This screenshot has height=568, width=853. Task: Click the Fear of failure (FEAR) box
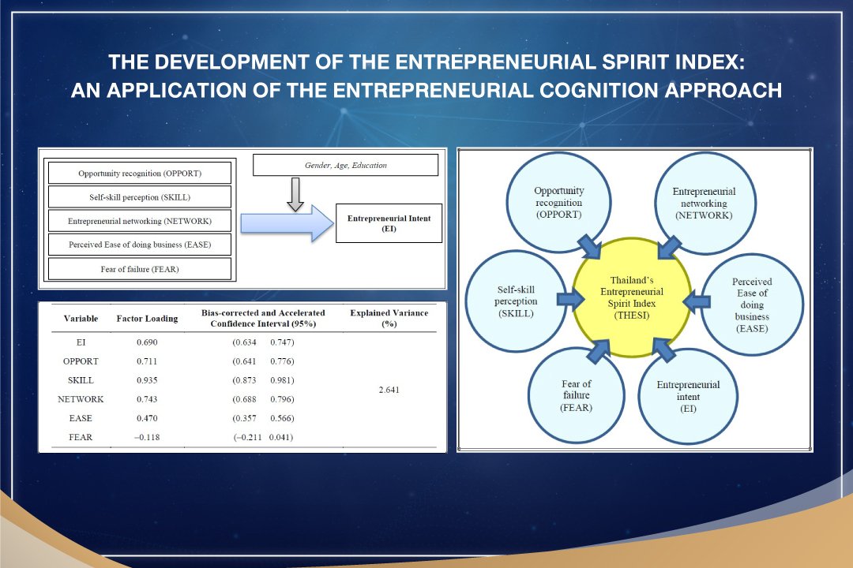140,269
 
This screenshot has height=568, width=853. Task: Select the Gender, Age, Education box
345,165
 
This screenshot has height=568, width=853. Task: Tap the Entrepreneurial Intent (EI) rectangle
389,223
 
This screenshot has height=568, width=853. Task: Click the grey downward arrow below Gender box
295,194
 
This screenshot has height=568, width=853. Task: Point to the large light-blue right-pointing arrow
287,223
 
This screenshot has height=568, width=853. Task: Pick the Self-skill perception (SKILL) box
140,197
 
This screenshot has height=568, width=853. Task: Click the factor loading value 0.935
147,380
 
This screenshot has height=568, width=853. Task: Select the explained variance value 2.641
389,390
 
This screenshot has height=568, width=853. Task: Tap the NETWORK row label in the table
81,399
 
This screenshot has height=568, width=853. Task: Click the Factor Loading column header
147,319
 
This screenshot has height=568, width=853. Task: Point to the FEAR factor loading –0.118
147,437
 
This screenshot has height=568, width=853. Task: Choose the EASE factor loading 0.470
147,418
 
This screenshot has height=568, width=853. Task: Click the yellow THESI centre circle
632,297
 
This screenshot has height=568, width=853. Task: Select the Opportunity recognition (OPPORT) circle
558,203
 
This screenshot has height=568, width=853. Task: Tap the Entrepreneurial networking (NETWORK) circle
704,204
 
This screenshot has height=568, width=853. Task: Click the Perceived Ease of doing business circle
752,305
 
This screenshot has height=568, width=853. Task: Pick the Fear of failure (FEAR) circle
576,396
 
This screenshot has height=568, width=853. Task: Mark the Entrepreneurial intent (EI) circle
688,397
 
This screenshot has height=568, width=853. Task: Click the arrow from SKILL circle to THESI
571,298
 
